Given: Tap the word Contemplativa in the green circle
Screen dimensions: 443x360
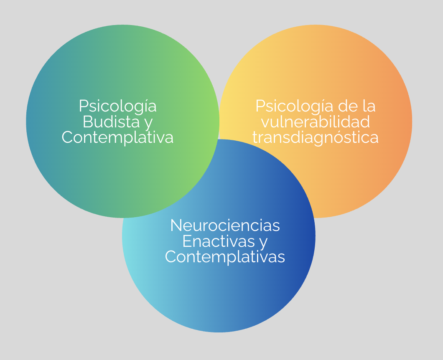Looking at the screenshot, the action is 117,137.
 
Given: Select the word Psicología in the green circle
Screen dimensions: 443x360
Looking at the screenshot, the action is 117,106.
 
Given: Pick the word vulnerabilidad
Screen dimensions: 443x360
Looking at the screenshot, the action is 315,122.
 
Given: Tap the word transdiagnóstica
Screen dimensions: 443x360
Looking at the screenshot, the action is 316,137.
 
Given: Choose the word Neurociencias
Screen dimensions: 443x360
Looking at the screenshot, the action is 225,226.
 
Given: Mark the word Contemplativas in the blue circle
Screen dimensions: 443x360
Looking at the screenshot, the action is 225,256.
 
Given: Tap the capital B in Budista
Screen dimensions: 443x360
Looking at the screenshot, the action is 88,122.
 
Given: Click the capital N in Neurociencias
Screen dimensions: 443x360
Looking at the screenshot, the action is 176,226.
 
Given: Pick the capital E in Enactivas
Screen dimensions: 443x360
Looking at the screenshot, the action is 187,241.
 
